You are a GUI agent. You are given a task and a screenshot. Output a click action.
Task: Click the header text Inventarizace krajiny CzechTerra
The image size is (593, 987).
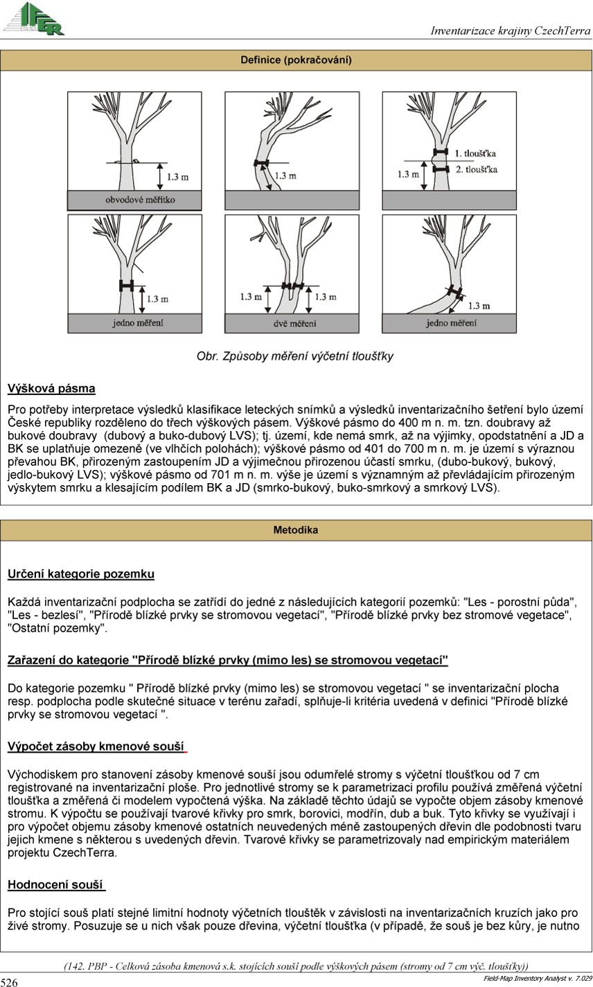pyautogui.click(x=510, y=31)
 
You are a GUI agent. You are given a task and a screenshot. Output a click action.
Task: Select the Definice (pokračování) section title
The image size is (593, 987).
pyautogui.click(x=296, y=60)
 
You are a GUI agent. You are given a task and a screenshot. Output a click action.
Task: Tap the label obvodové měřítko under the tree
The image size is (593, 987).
pyautogui.click(x=134, y=200)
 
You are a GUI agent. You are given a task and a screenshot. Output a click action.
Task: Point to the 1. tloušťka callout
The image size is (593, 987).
pyautogui.click(x=476, y=152)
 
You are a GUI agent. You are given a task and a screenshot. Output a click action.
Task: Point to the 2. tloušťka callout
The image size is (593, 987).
pyautogui.click(x=476, y=168)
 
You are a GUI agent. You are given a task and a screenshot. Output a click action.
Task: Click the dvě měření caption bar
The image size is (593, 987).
pyautogui.click(x=292, y=324)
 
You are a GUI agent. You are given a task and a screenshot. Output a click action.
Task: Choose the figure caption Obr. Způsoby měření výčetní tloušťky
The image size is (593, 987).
pyautogui.click(x=295, y=356)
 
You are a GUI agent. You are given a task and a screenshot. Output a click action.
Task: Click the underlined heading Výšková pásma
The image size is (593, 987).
pyautogui.click(x=51, y=388)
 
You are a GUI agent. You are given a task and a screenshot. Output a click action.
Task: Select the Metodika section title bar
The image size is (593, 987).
pyautogui.click(x=296, y=530)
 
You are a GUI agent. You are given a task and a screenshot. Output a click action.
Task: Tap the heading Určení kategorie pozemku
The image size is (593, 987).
pyautogui.click(x=80, y=574)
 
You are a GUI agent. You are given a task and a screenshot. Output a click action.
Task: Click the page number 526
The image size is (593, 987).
pyautogui.click(x=9, y=981)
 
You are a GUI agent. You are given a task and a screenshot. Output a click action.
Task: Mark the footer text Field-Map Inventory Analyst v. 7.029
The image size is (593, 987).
pyautogui.click(x=536, y=978)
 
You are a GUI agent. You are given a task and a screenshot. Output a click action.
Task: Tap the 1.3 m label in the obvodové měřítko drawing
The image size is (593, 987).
pyautogui.click(x=178, y=177)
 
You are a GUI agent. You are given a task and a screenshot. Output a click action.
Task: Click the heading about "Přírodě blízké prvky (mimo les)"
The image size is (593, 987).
pyautogui.click(x=228, y=661)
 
